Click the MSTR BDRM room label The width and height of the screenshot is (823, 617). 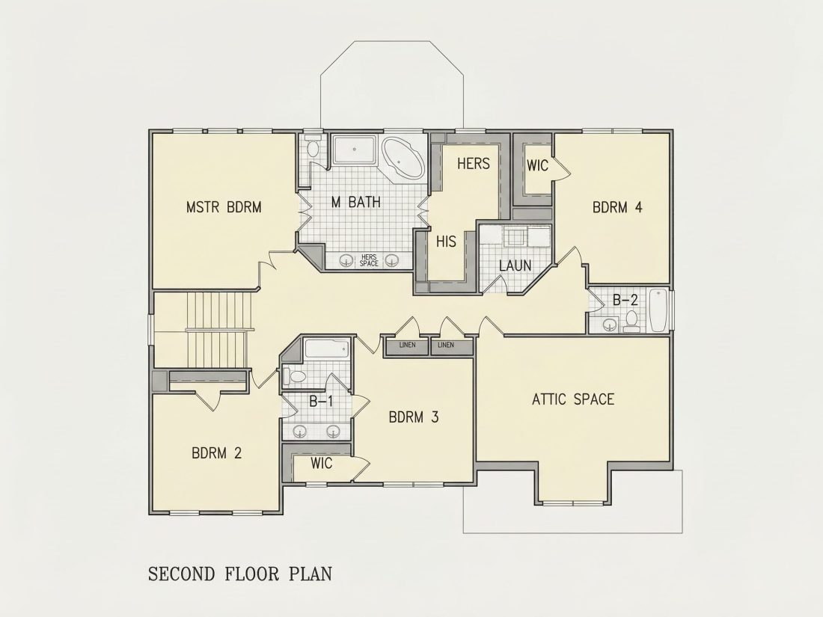click(224, 207)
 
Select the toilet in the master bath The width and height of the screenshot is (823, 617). click(313, 148)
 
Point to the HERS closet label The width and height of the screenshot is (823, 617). click(474, 164)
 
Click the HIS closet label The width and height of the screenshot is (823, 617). click(446, 242)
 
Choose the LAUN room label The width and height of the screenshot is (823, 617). click(515, 265)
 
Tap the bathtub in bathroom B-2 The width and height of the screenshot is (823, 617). click(658, 310)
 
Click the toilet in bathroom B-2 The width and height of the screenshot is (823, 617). click(631, 321)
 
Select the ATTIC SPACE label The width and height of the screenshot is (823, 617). click(572, 399)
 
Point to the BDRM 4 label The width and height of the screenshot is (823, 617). click(617, 207)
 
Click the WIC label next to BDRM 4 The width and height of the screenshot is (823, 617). click(537, 166)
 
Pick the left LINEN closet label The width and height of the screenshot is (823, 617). click(407, 346)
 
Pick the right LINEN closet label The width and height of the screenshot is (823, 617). click(446, 346)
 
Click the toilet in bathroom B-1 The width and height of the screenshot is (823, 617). click(295, 376)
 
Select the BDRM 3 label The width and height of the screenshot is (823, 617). click(414, 417)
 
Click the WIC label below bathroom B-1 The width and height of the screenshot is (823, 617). click(321, 464)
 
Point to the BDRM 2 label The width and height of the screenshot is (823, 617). click(216, 452)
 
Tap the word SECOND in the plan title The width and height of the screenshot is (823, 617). click(182, 574)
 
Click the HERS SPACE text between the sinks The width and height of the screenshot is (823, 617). click(369, 260)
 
